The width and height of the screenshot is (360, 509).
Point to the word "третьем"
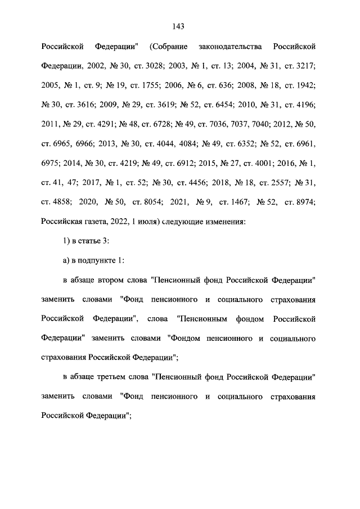(x=118, y=378)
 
